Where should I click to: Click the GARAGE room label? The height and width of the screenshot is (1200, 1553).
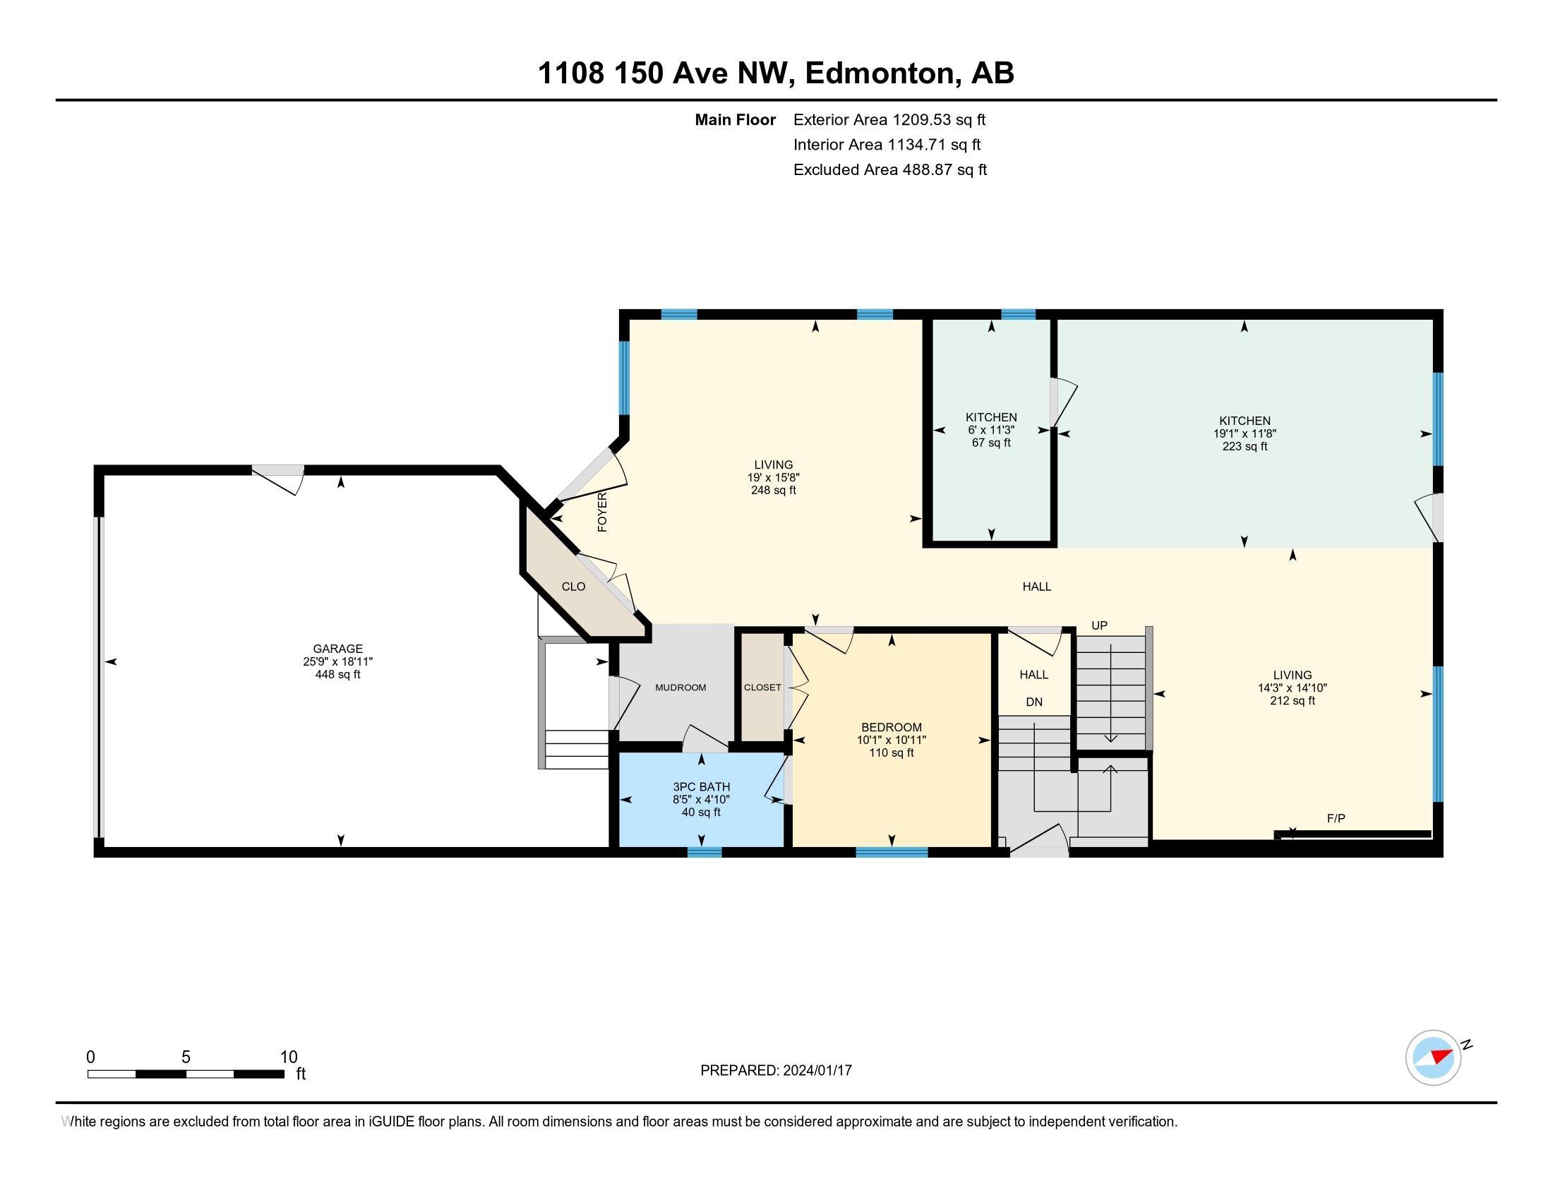point(337,648)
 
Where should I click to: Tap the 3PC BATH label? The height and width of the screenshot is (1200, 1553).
point(701,787)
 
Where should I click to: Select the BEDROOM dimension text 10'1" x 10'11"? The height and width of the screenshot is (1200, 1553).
point(891,740)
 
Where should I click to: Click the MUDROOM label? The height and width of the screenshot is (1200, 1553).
point(680,688)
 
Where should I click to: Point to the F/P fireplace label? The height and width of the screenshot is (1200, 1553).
point(1336,819)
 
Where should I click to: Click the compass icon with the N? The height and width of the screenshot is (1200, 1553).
point(1433,1057)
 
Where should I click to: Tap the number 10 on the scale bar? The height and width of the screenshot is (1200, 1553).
point(288,1057)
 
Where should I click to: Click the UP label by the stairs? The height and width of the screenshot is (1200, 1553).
point(1099,625)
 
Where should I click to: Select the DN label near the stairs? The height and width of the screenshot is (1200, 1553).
point(1034,702)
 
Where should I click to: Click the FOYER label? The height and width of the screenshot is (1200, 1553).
point(602,512)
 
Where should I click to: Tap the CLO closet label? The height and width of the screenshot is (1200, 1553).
point(573,587)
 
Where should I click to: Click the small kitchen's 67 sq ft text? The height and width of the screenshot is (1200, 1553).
point(991,443)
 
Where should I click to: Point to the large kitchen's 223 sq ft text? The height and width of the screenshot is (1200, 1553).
point(1245,446)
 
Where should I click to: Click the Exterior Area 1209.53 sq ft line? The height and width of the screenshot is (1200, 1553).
point(889,119)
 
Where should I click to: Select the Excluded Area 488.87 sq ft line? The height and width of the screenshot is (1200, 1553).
point(889,169)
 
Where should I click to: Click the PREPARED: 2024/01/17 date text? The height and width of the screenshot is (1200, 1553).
point(776,1070)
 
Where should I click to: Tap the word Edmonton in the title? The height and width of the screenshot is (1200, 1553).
point(880,73)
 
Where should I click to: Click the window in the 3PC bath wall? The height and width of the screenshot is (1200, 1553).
point(704,853)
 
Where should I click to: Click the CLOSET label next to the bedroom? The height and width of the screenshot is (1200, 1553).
point(762,688)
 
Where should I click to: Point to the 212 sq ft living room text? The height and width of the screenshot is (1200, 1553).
point(1292,700)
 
